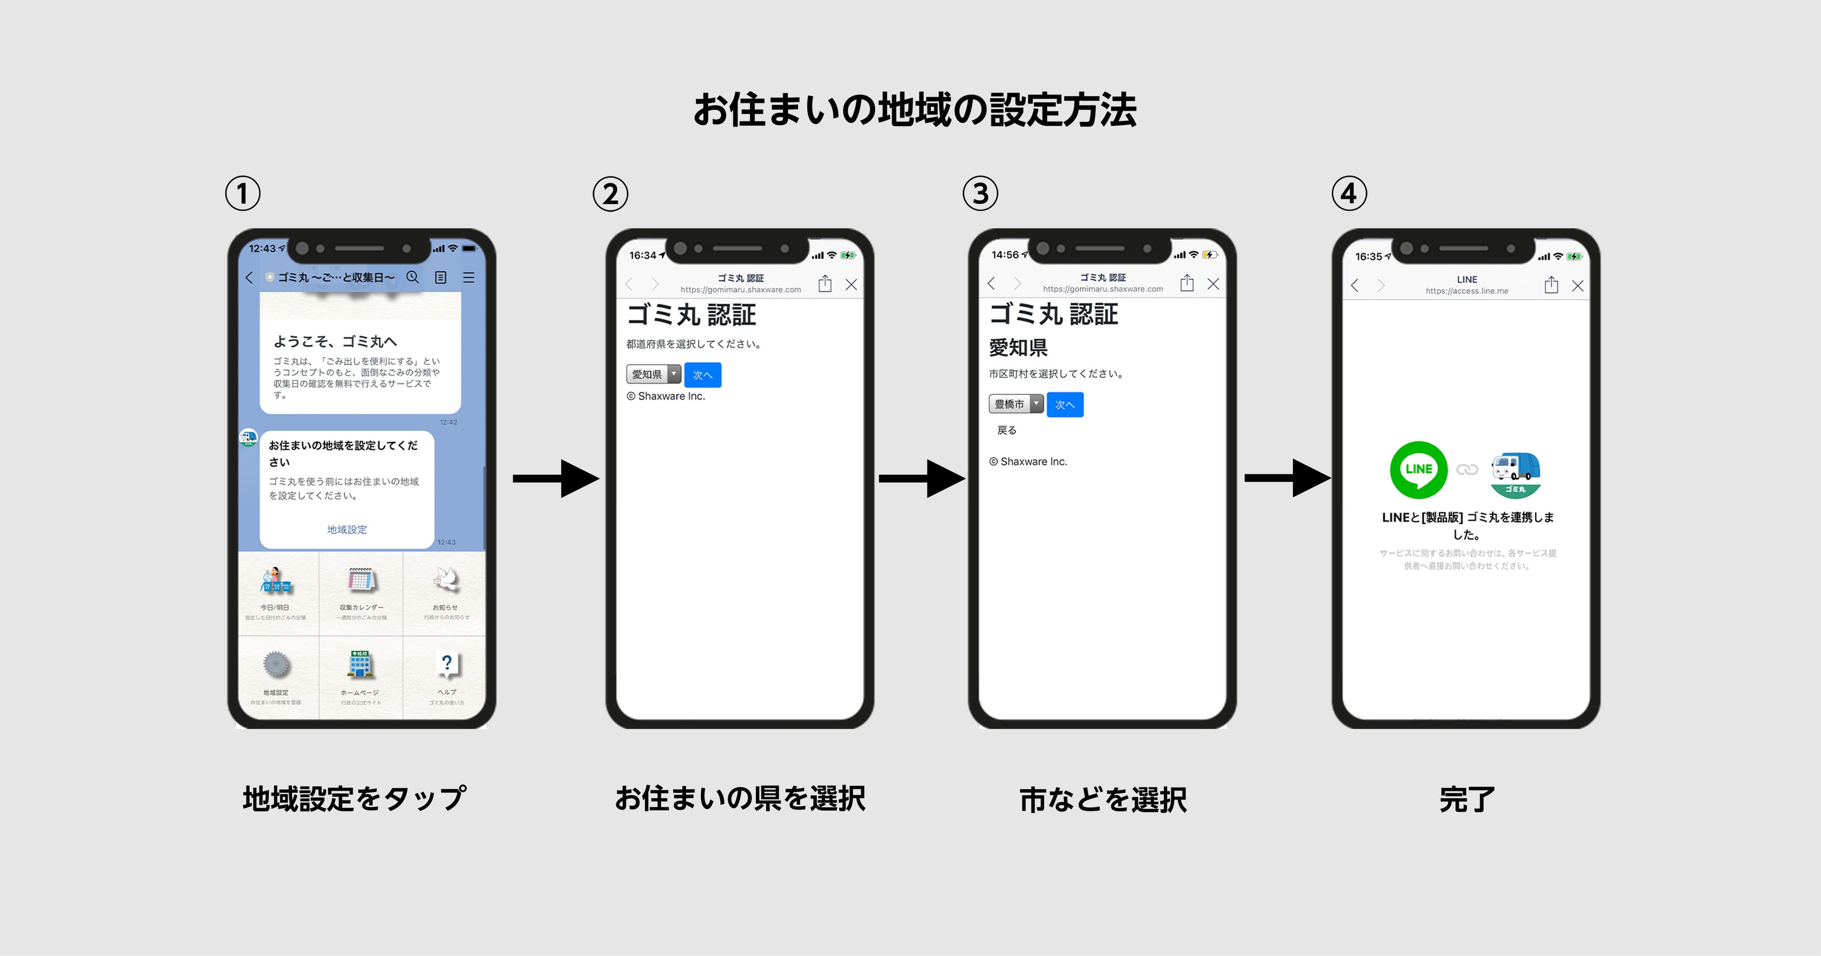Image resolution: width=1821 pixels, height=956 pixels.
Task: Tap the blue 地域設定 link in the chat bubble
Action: point(346,529)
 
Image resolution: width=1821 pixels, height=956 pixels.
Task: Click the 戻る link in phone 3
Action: point(1007,429)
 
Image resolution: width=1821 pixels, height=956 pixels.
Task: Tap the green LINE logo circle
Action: point(1418,469)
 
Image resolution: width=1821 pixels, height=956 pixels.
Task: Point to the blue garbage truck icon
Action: point(1516,472)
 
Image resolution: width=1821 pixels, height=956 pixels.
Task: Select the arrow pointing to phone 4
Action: point(1286,478)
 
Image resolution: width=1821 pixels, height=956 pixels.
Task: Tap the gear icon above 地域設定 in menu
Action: point(275,664)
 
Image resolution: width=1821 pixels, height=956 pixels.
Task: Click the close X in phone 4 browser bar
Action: point(1577,286)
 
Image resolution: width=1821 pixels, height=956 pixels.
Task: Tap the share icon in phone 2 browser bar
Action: point(824,284)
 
